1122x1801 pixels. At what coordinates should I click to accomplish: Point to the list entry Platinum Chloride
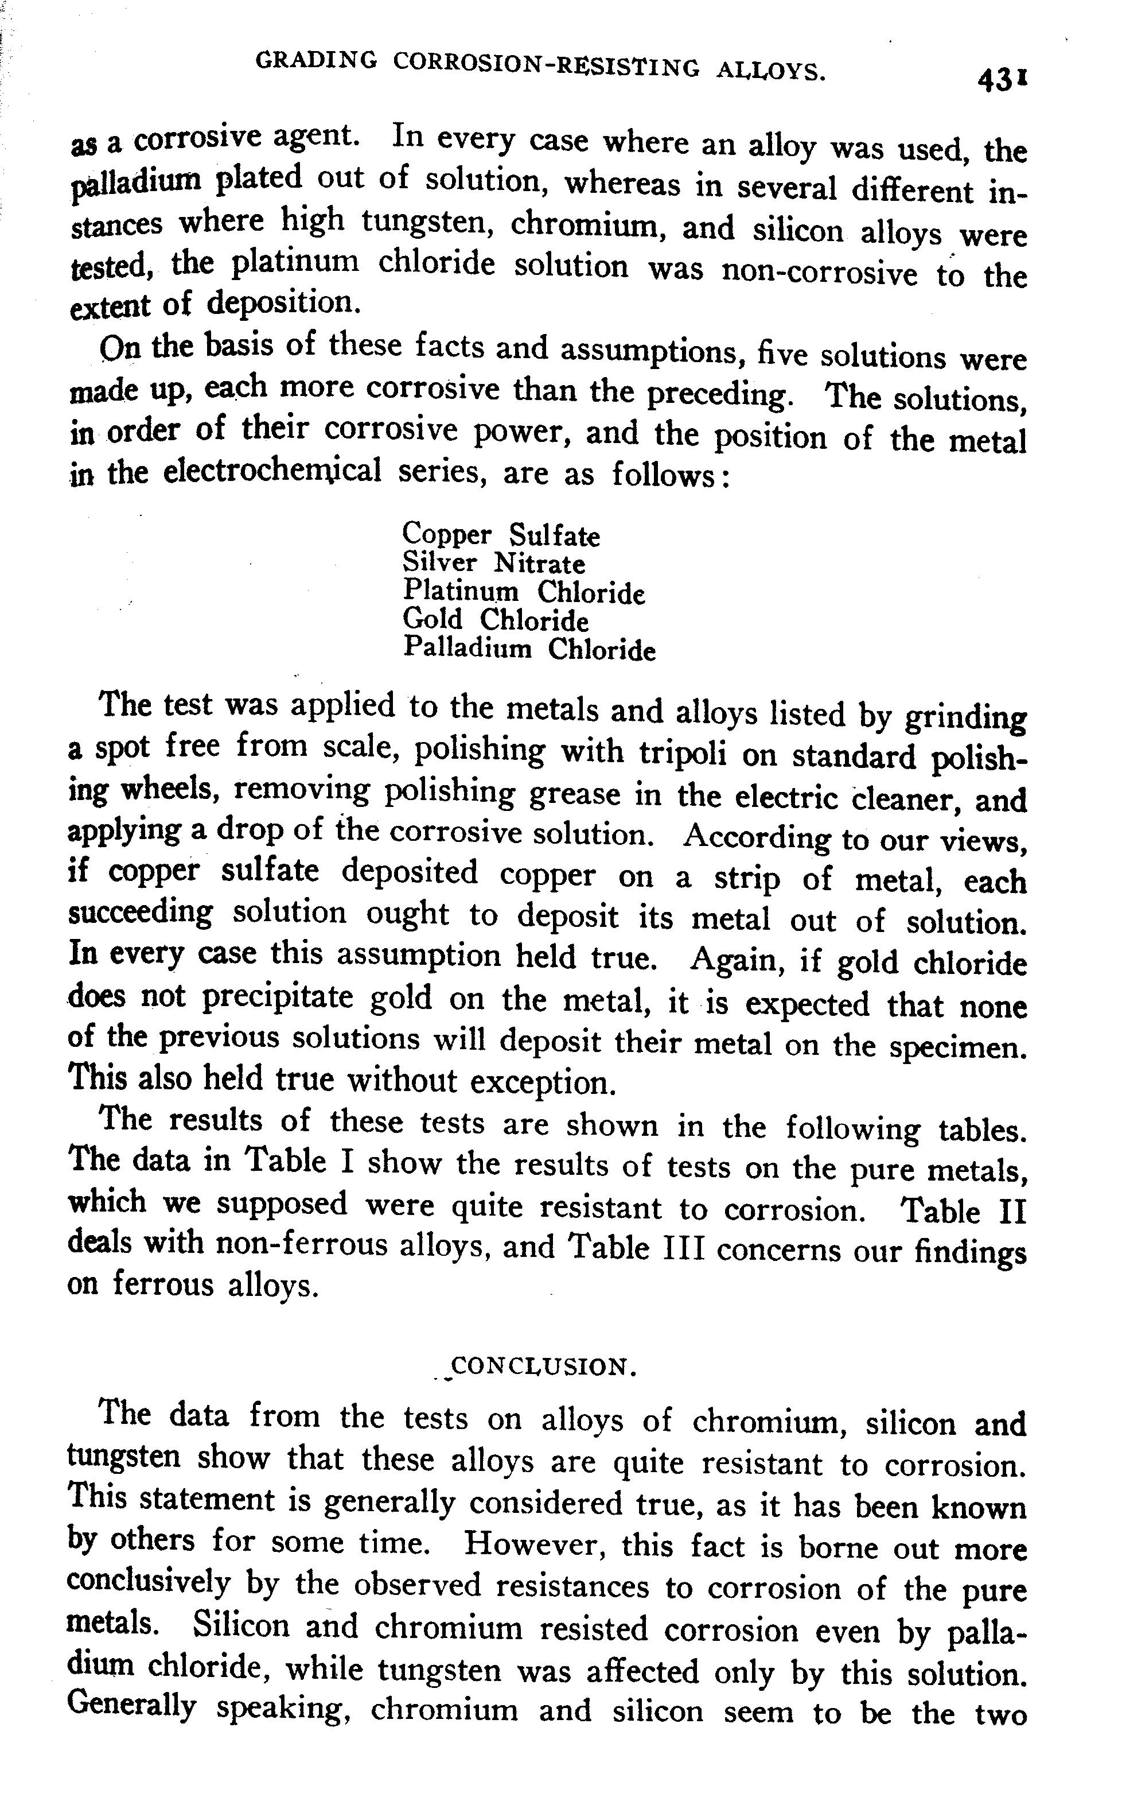(524, 592)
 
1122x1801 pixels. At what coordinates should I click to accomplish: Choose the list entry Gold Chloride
(495, 620)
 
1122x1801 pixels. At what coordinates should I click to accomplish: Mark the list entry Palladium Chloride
(529, 649)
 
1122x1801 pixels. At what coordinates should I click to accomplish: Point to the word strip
(746, 878)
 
